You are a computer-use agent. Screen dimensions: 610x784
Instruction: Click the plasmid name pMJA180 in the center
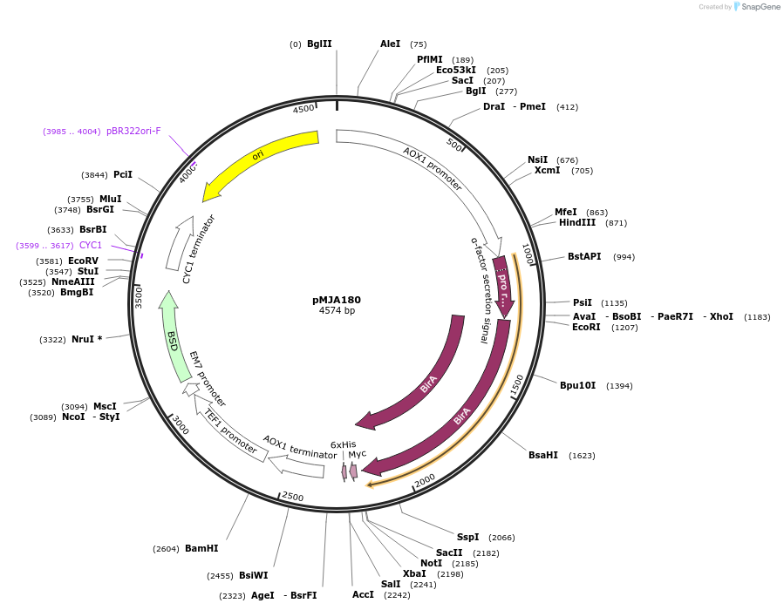pos(337,300)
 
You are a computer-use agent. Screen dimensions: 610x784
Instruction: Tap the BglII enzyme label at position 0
pos(319,44)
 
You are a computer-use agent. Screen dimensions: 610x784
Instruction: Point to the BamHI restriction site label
pos(201,549)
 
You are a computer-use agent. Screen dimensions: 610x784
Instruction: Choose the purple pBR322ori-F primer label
pos(133,132)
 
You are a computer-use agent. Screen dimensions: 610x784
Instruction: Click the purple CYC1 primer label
pos(91,246)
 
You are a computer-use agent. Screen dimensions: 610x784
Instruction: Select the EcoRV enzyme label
pos(84,261)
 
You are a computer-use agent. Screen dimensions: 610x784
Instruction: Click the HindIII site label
pos(577,223)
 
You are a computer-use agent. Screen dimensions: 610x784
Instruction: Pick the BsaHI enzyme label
pos(543,456)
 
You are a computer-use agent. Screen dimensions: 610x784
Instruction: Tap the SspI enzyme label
pos(467,538)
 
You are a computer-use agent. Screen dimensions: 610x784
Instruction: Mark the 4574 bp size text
pos(337,311)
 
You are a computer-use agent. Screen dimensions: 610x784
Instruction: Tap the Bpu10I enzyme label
pos(577,386)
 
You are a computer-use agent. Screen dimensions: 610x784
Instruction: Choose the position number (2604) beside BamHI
pos(166,549)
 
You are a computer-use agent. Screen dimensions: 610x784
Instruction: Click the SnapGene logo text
pos(761,7)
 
